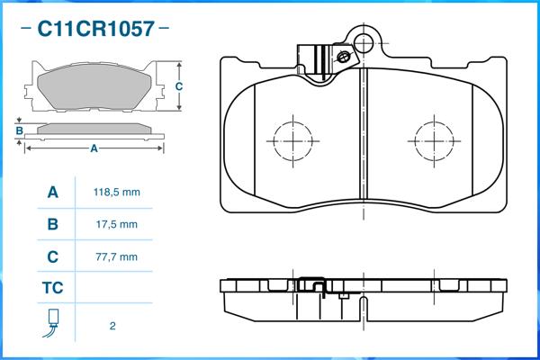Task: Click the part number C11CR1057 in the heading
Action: click(x=95, y=28)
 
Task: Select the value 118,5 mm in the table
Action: click(x=117, y=193)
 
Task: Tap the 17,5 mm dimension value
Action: click(x=117, y=225)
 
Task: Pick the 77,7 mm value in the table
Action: click(x=117, y=257)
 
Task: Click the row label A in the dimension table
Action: click(x=53, y=193)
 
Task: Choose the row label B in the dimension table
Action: click(x=53, y=224)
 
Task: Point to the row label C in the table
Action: click(x=53, y=256)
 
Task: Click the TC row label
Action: click(x=53, y=288)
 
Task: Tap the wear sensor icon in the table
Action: click(x=52, y=323)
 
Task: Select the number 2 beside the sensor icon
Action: click(x=112, y=326)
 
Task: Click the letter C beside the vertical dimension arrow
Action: click(x=179, y=86)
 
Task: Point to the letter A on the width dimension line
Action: click(x=94, y=148)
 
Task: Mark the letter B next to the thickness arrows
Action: click(x=19, y=130)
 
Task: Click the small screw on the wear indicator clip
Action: click(x=344, y=57)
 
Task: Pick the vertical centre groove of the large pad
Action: click(x=364, y=134)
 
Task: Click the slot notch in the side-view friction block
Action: click(x=364, y=309)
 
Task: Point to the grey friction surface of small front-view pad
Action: click(x=94, y=86)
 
